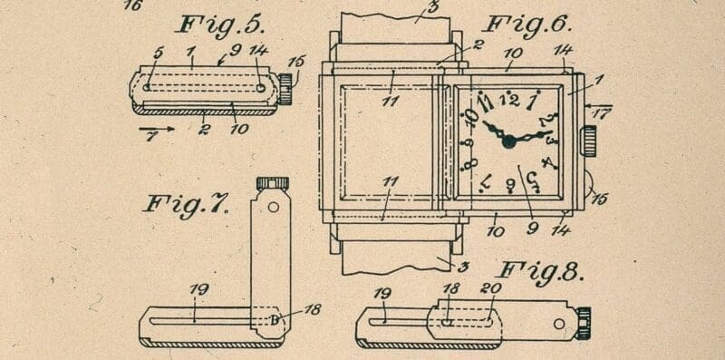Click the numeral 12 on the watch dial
point(509,99)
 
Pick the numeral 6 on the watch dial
point(511,185)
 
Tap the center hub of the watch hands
point(508,141)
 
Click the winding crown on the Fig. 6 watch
point(588,141)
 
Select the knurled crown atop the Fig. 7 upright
point(272,183)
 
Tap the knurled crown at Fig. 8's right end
point(582,322)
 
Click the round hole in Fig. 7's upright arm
point(272,206)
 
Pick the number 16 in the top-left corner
point(132,5)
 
